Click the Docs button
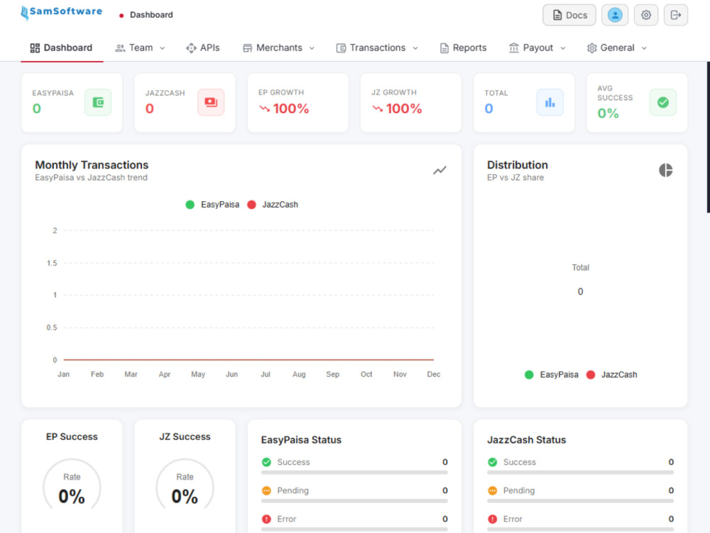point(569,15)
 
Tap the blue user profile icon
point(614,15)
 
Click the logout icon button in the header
point(676,15)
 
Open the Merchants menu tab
point(278,48)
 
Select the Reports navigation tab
point(463,48)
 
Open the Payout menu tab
point(537,48)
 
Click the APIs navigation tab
point(202,48)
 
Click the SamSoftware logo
point(62,12)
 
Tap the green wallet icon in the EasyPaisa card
point(98,102)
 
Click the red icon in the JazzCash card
point(211,102)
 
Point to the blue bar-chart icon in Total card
point(550,102)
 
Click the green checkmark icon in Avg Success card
point(663,102)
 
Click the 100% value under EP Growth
point(290,109)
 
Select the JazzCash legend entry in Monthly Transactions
point(273,205)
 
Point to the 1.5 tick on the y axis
point(52,263)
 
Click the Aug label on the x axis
point(299,375)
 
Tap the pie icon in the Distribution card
point(666,170)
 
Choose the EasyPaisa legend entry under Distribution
point(552,375)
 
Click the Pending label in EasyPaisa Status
point(293,490)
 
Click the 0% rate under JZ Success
point(185,497)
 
